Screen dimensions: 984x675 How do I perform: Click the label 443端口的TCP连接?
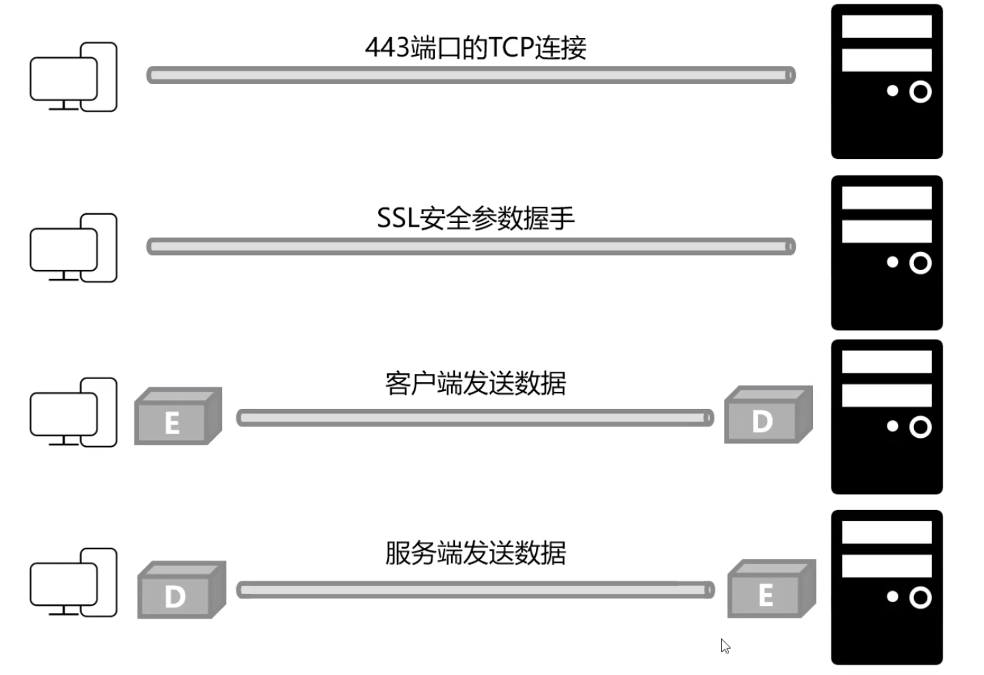(476, 48)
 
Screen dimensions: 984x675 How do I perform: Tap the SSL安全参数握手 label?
(476, 219)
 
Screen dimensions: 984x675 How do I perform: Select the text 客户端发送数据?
(476, 383)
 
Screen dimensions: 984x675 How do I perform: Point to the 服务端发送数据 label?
(476, 554)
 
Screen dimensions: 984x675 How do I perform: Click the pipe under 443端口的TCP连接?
(471, 75)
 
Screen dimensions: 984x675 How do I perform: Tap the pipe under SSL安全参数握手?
(471, 247)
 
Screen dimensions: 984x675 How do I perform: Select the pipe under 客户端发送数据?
(475, 418)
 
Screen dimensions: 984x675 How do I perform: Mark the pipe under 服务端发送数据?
(475, 590)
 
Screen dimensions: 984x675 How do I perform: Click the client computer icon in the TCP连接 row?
(73, 77)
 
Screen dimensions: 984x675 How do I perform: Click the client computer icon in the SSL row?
(73, 248)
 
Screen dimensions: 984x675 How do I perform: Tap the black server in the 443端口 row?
(887, 82)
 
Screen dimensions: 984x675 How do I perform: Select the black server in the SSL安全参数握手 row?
(887, 253)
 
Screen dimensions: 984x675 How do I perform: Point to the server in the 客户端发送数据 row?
(887, 417)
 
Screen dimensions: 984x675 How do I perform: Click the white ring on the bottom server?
(920, 598)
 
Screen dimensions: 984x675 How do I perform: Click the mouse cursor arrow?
(725, 645)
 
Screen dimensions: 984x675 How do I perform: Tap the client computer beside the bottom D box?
(73, 583)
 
